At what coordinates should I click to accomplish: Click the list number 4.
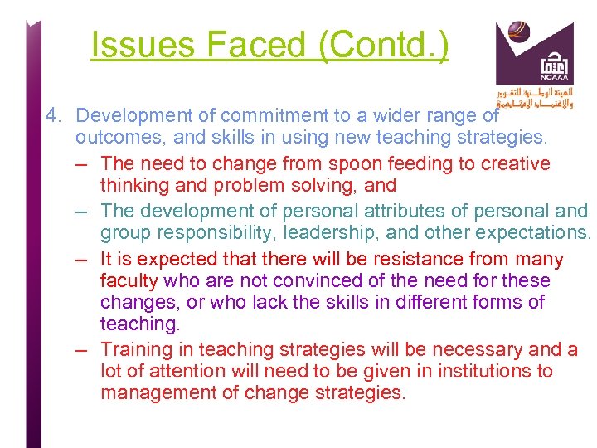point(54,116)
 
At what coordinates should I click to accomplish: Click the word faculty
point(129,281)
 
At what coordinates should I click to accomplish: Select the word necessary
point(461,350)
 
